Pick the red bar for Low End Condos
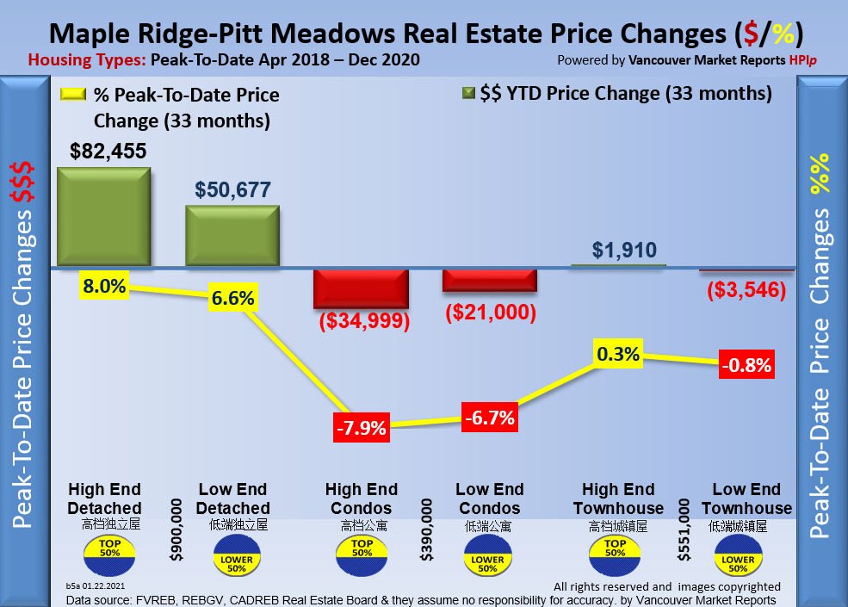(489, 280)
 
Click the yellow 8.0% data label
(105, 286)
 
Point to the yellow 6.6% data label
(233, 298)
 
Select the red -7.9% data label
(361, 427)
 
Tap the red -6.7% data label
(490, 418)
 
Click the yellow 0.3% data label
(617, 354)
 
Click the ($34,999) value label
(365, 322)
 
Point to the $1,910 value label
(624, 251)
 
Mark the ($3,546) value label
(746, 290)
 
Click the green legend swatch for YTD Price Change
(468, 92)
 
